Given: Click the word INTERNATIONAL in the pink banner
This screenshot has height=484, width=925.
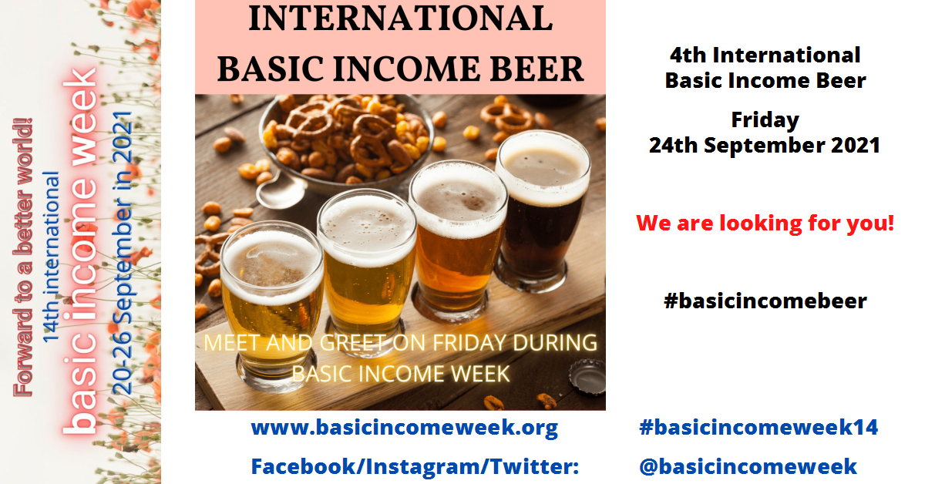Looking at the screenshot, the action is pyautogui.click(x=401, y=18).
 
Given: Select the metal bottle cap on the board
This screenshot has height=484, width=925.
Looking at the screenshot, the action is pyautogui.click(x=587, y=377).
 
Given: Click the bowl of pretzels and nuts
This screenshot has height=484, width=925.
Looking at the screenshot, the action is pyautogui.click(x=346, y=140).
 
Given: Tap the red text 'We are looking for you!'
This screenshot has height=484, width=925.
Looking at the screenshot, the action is pyautogui.click(x=765, y=224).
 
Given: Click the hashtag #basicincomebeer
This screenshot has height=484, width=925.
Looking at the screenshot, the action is pyautogui.click(x=765, y=301).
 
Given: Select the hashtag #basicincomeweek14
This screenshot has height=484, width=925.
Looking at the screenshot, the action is pyautogui.click(x=758, y=427).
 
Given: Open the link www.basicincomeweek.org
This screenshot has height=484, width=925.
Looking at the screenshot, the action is pyautogui.click(x=405, y=428).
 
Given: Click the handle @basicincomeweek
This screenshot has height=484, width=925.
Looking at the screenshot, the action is pyautogui.click(x=748, y=466).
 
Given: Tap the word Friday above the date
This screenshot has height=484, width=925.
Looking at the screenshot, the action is pyautogui.click(x=765, y=120).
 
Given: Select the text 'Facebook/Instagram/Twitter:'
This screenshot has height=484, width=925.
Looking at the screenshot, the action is pyautogui.click(x=415, y=466).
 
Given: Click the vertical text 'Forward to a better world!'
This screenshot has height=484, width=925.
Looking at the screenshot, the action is pyautogui.click(x=22, y=257).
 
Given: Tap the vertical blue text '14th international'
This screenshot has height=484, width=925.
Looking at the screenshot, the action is pyautogui.click(x=52, y=257).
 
